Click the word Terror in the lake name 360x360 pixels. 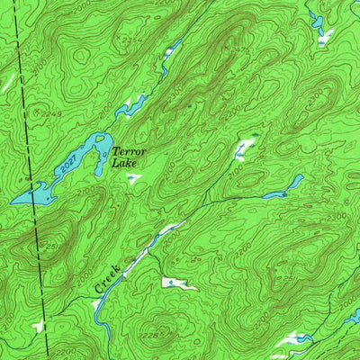[129, 153]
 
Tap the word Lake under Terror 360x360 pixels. [121, 164]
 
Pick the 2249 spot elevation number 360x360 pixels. [38, 113]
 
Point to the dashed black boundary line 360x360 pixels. [29, 180]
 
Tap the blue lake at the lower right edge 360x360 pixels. [355, 316]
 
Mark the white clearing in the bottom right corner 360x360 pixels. [292, 340]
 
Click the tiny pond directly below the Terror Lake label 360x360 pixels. [132, 178]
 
